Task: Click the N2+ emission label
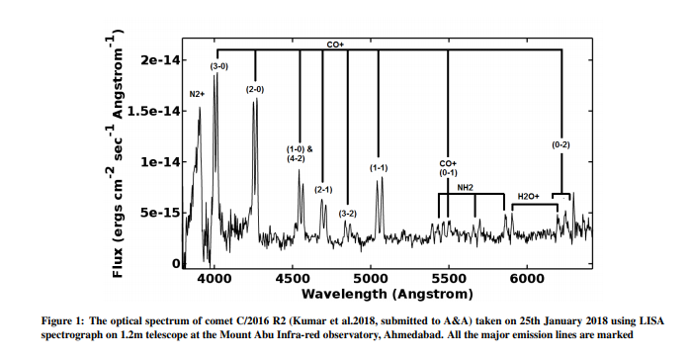pyautogui.click(x=196, y=94)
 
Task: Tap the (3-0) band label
pyautogui.click(x=219, y=66)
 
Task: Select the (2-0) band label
pyautogui.click(x=255, y=89)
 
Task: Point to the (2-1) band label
pyautogui.click(x=323, y=189)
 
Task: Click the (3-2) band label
pyautogui.click(x=347, y=214)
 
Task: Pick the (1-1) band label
pyautogui.click(x=379, y=168)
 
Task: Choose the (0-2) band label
pyautogui.click(x=561, y=145)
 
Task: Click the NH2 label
pyautogui.click(x=465, y=187)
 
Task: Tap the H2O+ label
pyautogui.click(x=527, y=197)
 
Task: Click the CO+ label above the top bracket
pyautogui.click(x=336, y=45)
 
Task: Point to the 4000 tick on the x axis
pyautogui.click(x=215, y=278)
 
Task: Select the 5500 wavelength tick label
pyautogui.click(x=448, y=278)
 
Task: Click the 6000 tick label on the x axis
pyautogui.click(x=526, y=278)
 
